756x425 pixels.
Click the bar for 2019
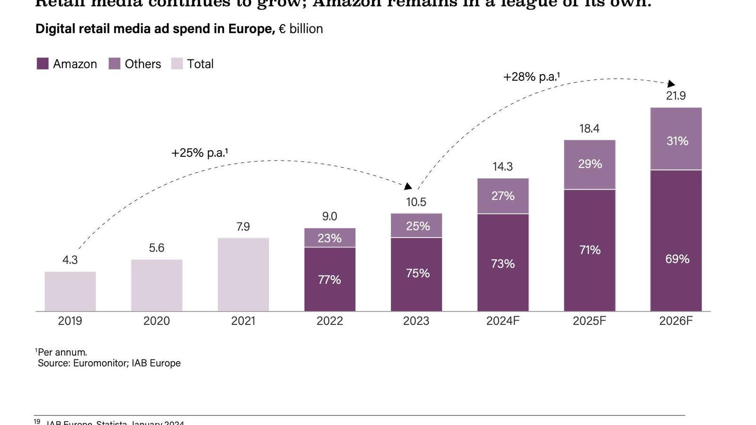coord(70,291)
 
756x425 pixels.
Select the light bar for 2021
coord(243,274)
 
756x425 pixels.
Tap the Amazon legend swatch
coord(43,64)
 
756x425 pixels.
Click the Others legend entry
coord(135,64)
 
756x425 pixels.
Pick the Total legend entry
coord(192,64)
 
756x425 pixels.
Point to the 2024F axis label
coord(503,321)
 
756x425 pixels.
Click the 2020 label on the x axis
coord(156,321)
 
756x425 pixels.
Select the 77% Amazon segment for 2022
coord(329,279)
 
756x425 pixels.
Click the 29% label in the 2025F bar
coord(590,164)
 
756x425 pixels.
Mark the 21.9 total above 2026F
coord(676,96)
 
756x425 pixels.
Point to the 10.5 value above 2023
coord(416,202)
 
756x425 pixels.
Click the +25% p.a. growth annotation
coord(199,153)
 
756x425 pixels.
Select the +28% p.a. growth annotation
coord(531,77)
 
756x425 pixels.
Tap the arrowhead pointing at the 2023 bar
coord(408,187)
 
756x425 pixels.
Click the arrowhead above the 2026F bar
coord(671,84)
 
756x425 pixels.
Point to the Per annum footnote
coord(61,352)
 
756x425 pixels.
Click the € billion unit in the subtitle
coord(301,29)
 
